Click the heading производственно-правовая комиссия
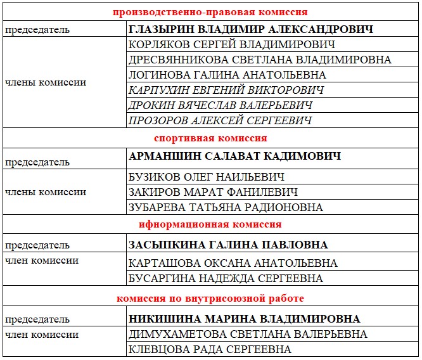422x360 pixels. (210, 12)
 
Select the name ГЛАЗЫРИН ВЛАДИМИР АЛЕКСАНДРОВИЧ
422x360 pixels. (251, 29)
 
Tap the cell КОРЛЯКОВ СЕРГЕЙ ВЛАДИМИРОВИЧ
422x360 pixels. (232, 44)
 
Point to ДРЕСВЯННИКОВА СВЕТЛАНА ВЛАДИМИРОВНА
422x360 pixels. (260, 60)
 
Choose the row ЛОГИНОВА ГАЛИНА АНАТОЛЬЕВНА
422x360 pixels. (227, 75)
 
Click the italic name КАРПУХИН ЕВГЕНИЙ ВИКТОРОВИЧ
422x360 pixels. (226, 90)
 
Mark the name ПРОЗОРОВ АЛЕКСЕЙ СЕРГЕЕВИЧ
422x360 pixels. (221, 120)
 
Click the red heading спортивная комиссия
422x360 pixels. (210, 138)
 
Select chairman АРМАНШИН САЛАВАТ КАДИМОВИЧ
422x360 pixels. (235, 156)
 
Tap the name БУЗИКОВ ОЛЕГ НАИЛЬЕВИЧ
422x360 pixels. (207, 177)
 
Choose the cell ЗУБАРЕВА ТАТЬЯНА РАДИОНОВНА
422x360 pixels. (226, 207)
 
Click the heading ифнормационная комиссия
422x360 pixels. (210, 224)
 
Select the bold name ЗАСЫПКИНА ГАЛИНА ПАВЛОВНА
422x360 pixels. (229, 245)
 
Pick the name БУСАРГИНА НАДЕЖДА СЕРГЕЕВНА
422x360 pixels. (226, 278)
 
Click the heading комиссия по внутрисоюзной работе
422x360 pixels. (210, 298)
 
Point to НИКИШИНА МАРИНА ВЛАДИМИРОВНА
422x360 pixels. (245, 319)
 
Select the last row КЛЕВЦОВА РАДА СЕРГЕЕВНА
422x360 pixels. (210, 349)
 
